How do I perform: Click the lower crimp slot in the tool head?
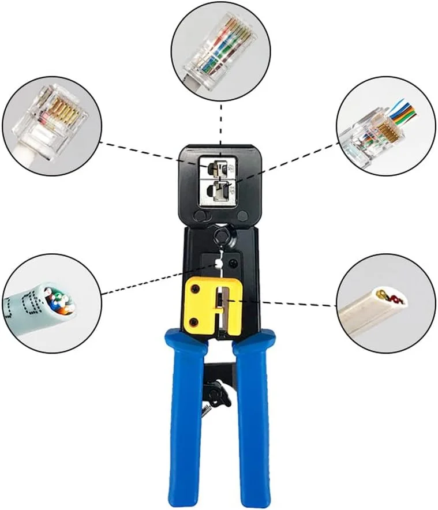tap(219, 190)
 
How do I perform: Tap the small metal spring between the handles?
tap(206, 408)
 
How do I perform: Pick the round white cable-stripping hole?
tap(218, 262)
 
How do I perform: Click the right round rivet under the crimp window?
tap(243, 217)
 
